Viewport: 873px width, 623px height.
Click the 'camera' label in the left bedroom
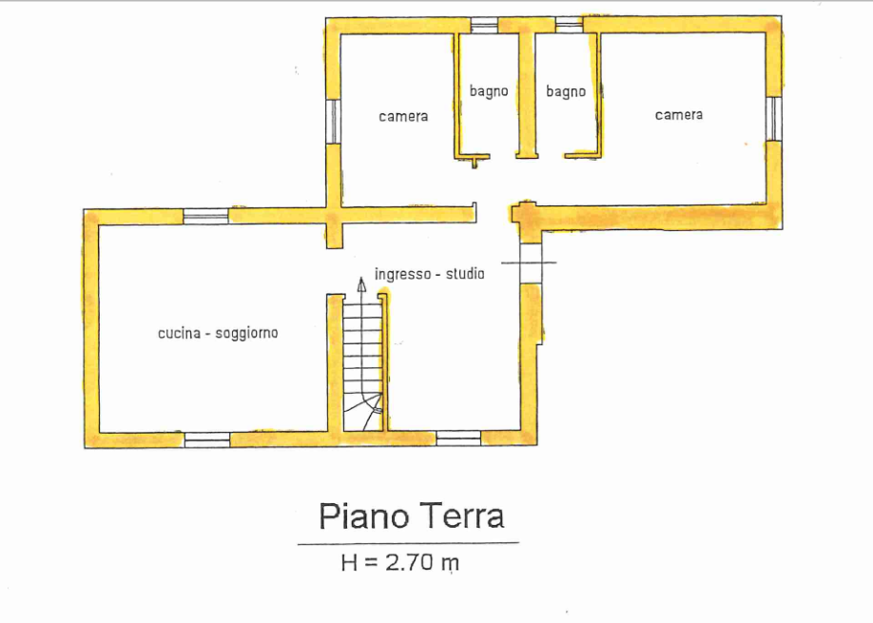(403, 116)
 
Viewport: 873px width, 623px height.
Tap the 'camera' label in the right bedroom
(679, 115)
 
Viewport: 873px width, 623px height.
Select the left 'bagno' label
(488, 91)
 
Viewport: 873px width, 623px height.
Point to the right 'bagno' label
(566, 91)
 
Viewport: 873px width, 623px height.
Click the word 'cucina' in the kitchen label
(180, 333)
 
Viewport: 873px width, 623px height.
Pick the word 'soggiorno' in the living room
(246, 334)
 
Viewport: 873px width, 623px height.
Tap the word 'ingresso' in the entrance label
(403, 275)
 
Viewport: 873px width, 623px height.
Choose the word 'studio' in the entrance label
(465, 274)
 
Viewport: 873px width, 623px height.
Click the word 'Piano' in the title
(363, 516)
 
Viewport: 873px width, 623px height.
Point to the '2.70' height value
(409, 563)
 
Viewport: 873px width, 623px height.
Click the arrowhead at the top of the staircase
(362, 284)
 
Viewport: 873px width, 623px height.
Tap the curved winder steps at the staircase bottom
(363, 412)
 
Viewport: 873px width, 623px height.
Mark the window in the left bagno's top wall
(484, 25)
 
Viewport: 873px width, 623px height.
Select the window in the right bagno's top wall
(569, 25)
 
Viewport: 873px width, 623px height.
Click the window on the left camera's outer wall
(333, 122)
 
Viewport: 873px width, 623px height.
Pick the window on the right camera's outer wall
(774, 119)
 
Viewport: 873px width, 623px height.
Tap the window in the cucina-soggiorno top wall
(206, 217)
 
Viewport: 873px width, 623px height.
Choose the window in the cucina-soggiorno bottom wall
(207, 439)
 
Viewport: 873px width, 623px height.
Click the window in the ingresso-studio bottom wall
(458, 438)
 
